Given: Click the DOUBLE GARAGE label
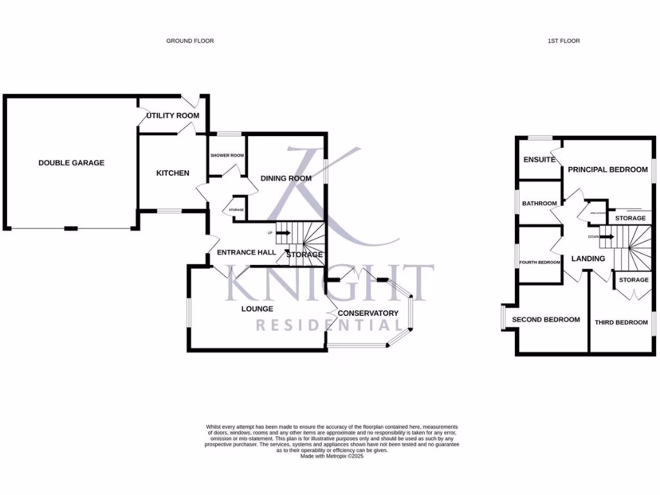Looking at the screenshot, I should coord(71,163).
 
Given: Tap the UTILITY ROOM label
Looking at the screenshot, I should coord(173,116).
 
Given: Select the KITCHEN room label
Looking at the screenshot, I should coord(173,173).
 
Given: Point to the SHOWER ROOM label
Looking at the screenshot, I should coord(227,155).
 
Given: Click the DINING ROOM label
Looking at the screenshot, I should coord(286,179).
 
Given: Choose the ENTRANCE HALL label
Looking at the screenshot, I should coord(246,253).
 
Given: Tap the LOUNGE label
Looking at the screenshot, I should coord(257,309).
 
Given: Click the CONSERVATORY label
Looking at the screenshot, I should coord(368,313).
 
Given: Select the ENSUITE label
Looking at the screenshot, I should coord(539,160).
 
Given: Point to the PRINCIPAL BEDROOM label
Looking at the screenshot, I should coord(607,170).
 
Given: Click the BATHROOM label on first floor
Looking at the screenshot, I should coord(539,204).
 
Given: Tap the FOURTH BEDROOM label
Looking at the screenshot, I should coord(540,262).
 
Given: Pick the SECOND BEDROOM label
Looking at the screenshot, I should coord(546,320).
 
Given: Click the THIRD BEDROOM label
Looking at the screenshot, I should coord(621,322).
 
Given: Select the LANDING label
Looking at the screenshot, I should coord(588,258).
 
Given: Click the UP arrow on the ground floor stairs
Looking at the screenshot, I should coord(282,233).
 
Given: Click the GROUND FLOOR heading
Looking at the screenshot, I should coord(190,41).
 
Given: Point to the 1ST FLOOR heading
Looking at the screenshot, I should coord(564,41).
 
